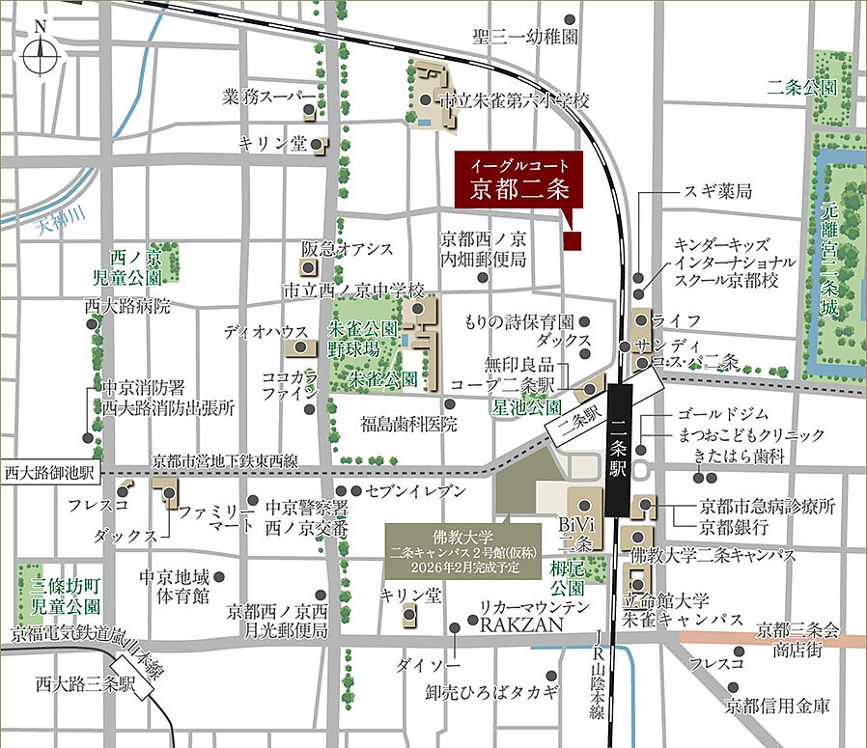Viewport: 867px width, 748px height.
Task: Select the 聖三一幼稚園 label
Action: point(525,37)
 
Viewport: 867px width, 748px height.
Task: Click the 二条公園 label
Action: point(800,86)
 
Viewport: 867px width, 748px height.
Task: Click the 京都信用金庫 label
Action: point(777,706)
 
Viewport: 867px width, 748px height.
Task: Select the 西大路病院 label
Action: point(126,307)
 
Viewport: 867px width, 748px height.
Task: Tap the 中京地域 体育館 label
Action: point(174,585)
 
